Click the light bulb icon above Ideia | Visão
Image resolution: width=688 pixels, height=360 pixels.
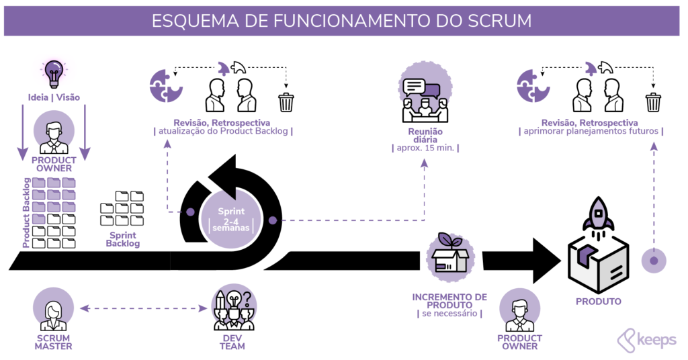click(52, 72)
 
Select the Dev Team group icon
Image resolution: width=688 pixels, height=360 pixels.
click(232, 310)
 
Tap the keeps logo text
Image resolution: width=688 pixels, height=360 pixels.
click(654, 340)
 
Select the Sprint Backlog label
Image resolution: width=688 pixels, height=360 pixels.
click(123, 240)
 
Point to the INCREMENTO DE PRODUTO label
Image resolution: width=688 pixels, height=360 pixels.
click(449, 300)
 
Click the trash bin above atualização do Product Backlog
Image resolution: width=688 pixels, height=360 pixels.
click(286, 103)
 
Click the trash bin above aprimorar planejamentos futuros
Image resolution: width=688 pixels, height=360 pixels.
click(652, 103)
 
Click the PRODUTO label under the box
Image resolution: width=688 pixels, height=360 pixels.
click(598, 302)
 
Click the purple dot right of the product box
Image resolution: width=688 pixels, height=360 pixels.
click(654, 260)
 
